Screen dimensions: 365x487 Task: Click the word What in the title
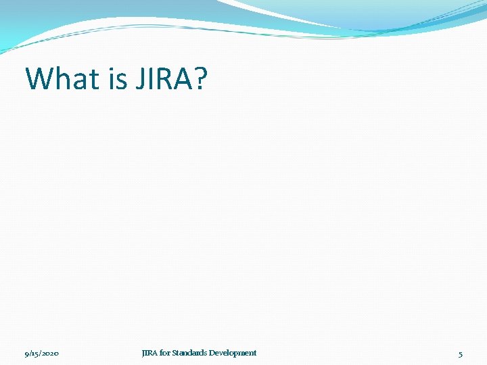click(x=62, y=78)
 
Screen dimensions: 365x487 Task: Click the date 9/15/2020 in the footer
click(x=41, y=354)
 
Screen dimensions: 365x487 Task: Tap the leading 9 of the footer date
click(x=26, y=354)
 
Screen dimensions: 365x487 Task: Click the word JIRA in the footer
click(x=149, y=353)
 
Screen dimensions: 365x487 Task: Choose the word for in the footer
click(x=165, y=353)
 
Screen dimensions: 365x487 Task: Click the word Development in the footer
click(x=233, y=353)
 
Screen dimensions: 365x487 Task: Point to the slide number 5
click(x=461, y=354)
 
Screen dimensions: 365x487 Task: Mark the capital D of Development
click(x=212, y=353)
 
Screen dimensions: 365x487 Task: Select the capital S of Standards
click(x=174, y=353)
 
